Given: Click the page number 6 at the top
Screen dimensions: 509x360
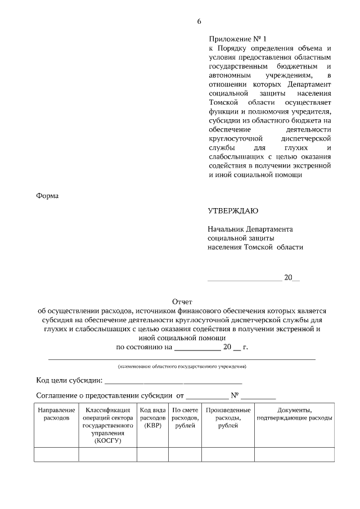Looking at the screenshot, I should coord(199,21).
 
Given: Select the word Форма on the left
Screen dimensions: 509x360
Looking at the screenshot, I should coord(48,196).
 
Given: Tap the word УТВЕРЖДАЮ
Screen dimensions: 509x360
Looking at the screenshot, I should coord(233,211).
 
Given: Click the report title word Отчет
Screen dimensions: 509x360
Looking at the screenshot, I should coord(182,302).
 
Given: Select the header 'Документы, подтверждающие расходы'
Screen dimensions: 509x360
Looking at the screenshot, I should coord(294,415).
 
